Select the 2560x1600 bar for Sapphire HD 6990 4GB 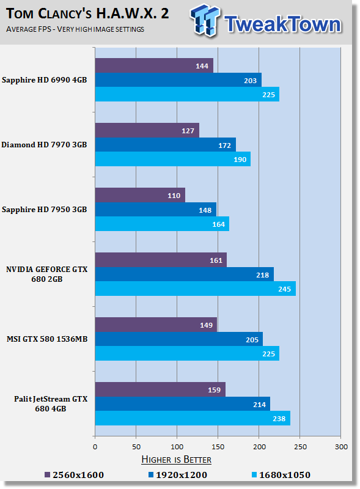154,65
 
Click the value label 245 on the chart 285,289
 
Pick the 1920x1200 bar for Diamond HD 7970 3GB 165,145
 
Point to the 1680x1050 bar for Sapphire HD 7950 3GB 162,224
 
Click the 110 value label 175,196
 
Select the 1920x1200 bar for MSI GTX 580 178,339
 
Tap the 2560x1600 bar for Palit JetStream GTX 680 160,389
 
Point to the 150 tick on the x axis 218,447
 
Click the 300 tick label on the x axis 340,447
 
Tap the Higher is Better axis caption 176,459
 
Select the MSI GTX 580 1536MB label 47,339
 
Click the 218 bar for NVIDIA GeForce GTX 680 184,274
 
